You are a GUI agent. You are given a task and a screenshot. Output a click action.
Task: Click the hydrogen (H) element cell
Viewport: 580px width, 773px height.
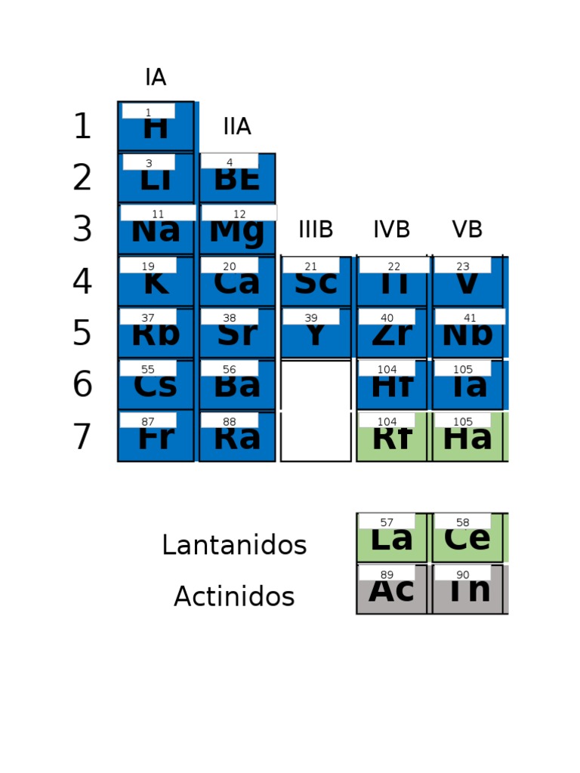pyautogui.click(x=156, y=127)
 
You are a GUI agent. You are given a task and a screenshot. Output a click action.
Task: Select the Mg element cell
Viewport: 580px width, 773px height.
pyautogui.click(x=237, y=229)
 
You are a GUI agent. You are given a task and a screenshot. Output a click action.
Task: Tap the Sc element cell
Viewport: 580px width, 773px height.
pyautogui.click(x=316, y=282)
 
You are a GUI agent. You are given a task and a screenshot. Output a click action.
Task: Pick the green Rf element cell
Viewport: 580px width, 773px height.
pyautogui.click(x=391, y=437)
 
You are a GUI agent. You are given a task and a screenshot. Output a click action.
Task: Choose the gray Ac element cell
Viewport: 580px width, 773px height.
pyautogui.click(x=391, y=590)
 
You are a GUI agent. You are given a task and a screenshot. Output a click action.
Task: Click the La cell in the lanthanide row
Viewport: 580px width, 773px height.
pyautogui.click(x=391, y=538)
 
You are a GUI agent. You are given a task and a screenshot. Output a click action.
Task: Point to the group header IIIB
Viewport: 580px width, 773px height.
pyautogui.click(x=316, y=229)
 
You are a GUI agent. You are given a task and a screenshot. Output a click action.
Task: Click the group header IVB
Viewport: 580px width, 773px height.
pyautogui.click(x=391, y=229)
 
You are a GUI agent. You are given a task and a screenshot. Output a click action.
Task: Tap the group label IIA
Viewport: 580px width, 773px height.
pyautogui.click(x=237, y=127)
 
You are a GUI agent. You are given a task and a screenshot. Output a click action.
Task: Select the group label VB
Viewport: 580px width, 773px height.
pyautogui.click(x=467, y=229)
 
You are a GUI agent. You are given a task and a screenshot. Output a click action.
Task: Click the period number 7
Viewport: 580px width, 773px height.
pyautogui.click(x=82, y=437)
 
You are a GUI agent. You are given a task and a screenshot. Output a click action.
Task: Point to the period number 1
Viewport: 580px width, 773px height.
pyautogui.click(x=82, y=127)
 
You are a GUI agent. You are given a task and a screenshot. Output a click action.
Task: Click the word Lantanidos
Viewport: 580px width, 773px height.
pyautogui.click(x=234, y=545)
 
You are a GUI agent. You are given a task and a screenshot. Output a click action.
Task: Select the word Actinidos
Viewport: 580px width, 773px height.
pyautogui.click(x=234, y=596)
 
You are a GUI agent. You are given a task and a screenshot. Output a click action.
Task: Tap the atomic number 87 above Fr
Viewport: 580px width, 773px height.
pyautogui.click(x=148, y=421)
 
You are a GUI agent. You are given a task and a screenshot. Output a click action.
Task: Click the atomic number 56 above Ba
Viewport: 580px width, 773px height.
pyautogui.click(x=230, y=370)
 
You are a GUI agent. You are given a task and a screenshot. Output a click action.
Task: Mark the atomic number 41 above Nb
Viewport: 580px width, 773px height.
pyautogui.click(x=470, y=318)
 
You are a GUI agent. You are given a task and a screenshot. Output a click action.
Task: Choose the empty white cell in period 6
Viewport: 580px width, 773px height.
pyautogui.click(x=316, y=385)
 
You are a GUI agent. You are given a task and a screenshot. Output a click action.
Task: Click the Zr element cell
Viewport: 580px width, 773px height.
pyautogui.click(x=391, y=333)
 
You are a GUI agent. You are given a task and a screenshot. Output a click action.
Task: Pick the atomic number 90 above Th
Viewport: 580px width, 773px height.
pyautogui.click(x=462, y=574)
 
